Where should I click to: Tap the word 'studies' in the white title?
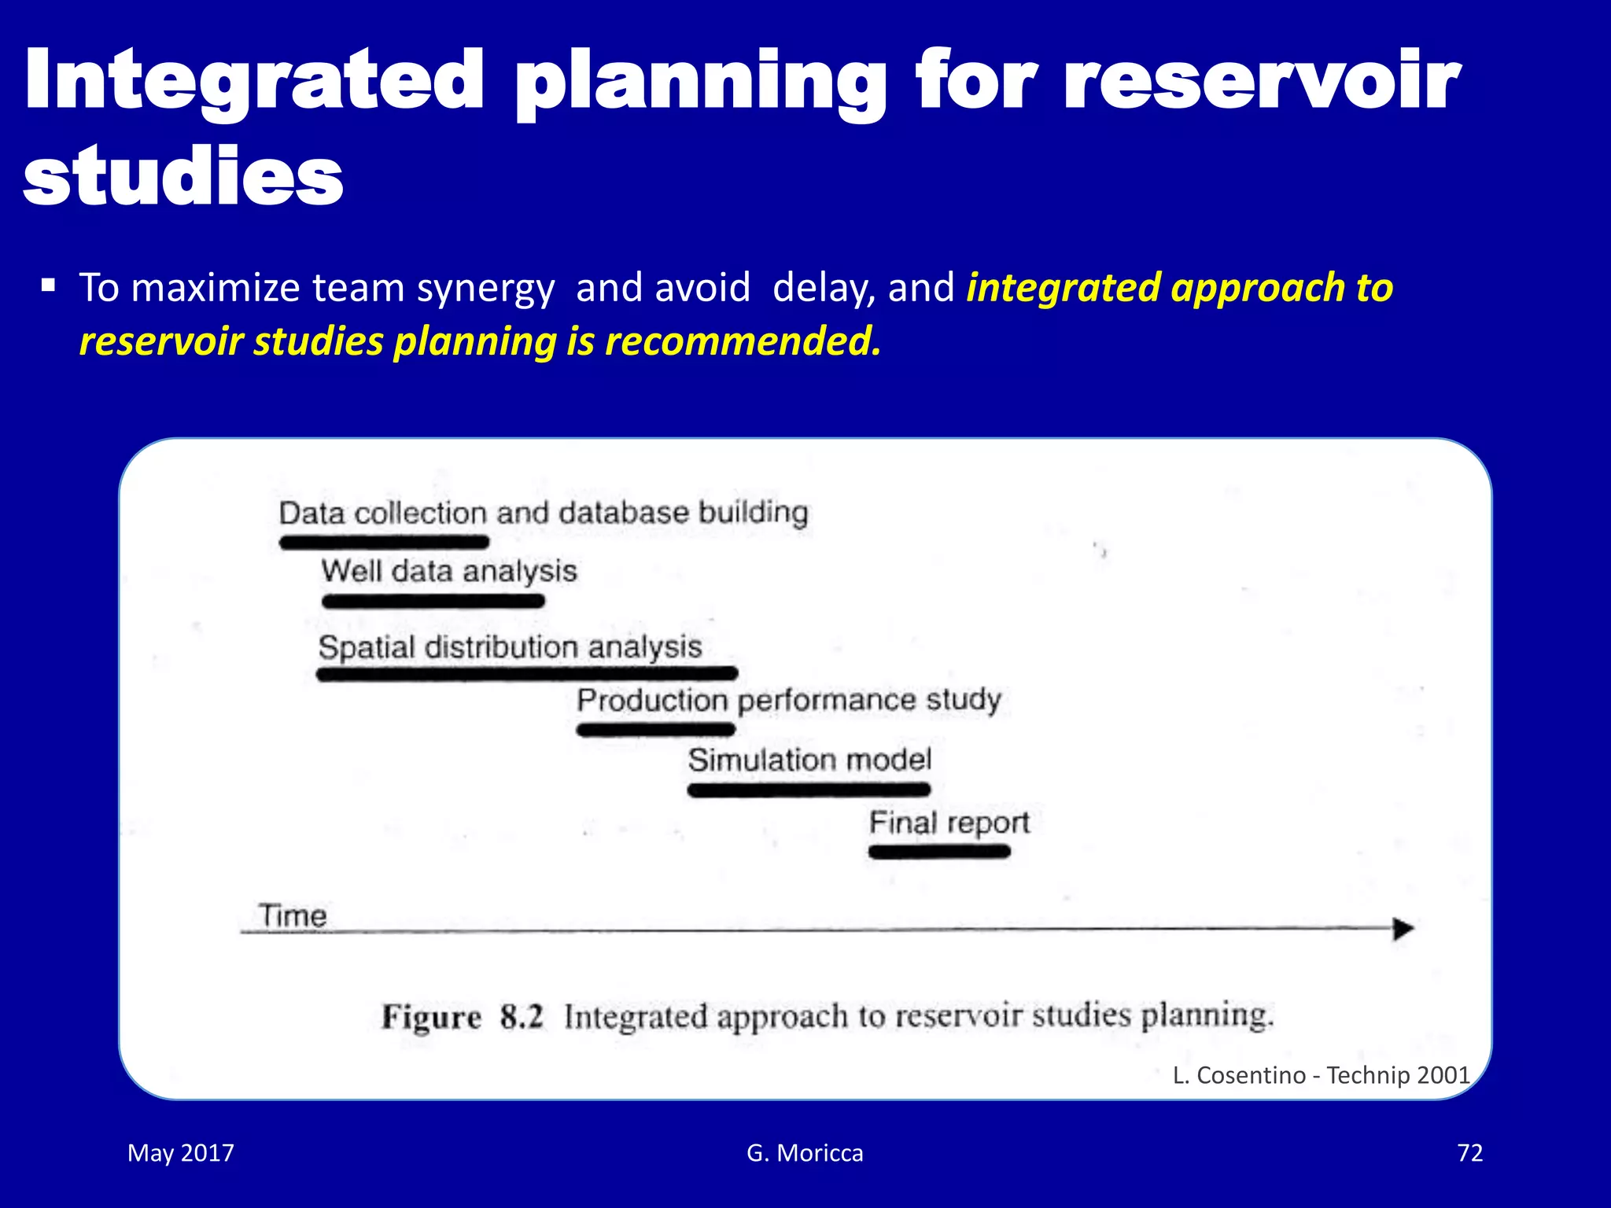pos(183,177)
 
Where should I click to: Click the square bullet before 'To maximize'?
pos(49,285)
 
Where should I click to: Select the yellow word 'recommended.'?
pos(743,342)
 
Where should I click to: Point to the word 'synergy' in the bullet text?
pos(485,289)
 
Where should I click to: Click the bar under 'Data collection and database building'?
pos(385,542)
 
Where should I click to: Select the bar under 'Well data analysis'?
pos(433,602)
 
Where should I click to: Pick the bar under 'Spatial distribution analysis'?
pos(527,673)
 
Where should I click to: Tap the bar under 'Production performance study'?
pos(656,730)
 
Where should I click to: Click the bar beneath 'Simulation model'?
pos(809,790)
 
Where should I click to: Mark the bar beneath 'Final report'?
pos(939,852)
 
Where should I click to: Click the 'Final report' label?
pos(949,823)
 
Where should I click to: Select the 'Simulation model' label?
pos(809,760)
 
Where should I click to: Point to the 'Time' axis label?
pos(293,915)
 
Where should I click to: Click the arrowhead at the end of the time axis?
pos(1403,929)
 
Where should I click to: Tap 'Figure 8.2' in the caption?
pos(463,1017)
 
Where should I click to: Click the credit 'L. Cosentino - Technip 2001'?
pos(1321,1075)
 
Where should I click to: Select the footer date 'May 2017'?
pos(181,1153)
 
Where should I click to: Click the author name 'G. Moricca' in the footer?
pos(805,1153)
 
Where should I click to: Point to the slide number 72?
pos(1469,1153)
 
